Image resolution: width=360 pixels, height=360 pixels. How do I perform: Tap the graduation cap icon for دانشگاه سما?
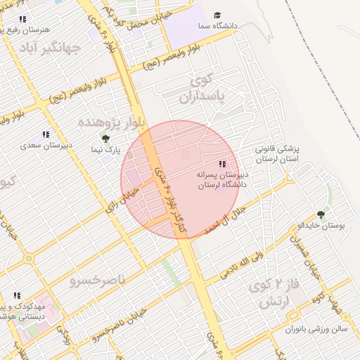point(217,15)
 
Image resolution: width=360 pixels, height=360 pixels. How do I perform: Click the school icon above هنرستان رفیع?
point(22,20)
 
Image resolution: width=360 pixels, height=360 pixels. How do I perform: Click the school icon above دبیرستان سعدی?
point(46,134)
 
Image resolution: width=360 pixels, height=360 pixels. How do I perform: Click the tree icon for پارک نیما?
point(105,139)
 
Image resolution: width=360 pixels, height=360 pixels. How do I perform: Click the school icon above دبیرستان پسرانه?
point(223,164)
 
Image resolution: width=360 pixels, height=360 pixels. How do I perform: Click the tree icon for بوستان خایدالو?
point(322,214)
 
